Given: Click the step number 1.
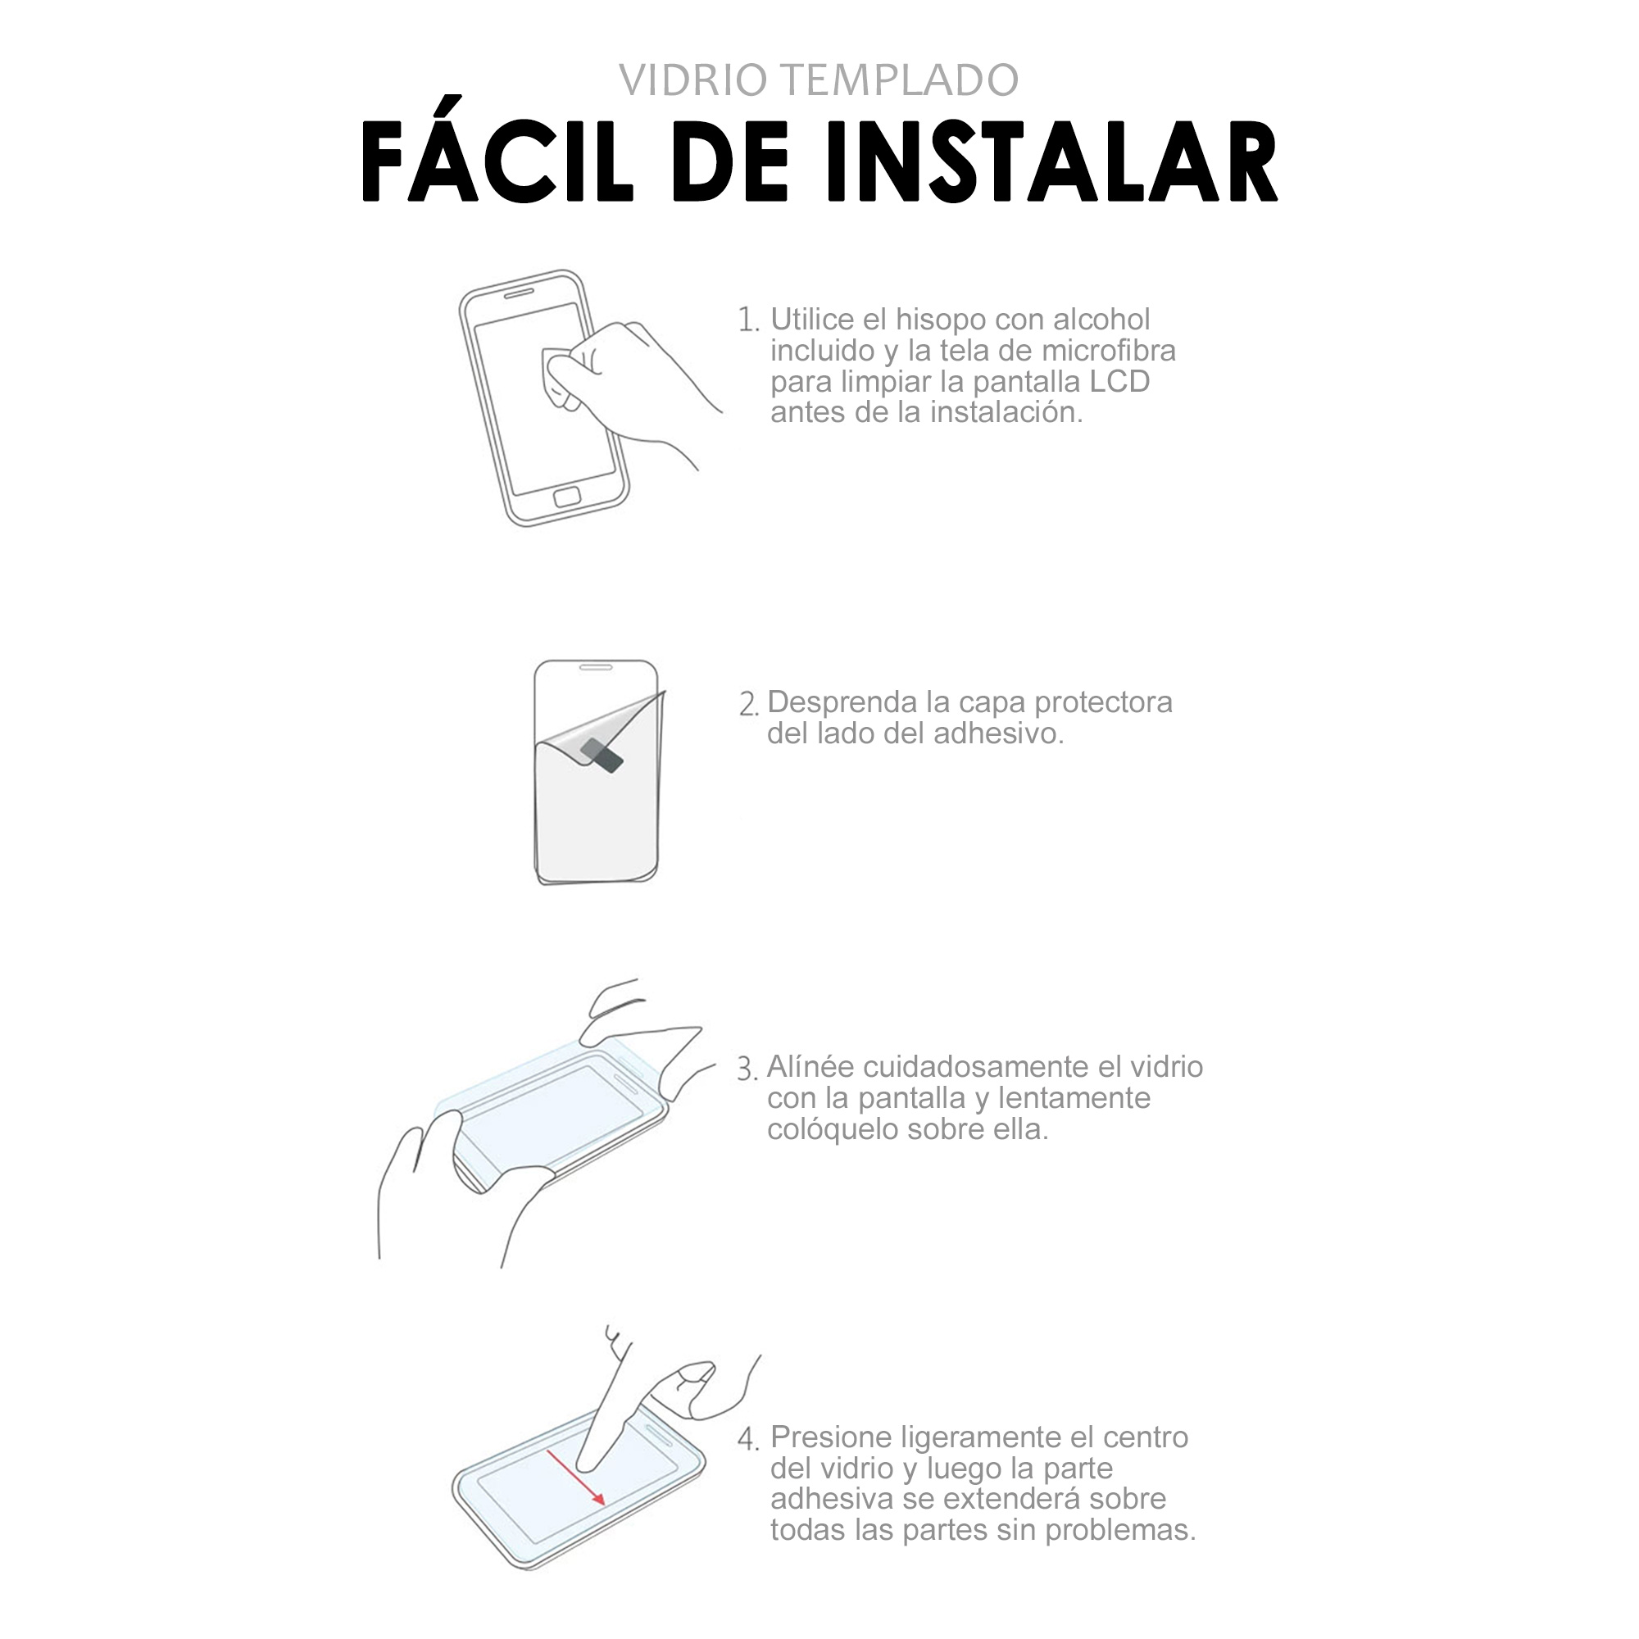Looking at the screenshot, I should [747, 320].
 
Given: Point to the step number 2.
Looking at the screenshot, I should [748, 704].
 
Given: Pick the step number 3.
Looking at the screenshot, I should [747, 1069].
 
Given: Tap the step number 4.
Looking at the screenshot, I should [747, 1440].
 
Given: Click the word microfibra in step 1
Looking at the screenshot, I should [1109, 351].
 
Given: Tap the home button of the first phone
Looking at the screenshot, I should [567, 497].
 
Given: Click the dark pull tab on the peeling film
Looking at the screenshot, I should [602, 754].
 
